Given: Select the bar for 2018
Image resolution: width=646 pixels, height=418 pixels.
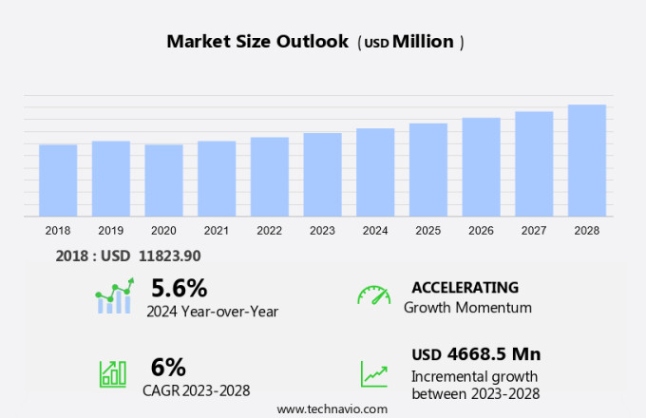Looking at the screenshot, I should pyautogui.click(x=58, y=180).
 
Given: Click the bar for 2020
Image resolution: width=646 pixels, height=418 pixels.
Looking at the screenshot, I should pyautogui.click(x=163, y=180).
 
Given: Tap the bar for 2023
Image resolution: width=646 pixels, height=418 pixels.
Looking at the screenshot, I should pyautogui.click(x=322, y=175).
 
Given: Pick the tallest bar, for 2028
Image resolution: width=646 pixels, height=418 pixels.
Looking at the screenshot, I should pyautogui.click(x=587, y=161).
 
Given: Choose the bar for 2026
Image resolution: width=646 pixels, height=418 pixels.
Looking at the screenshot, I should pyautogui.click(x=481, y=167).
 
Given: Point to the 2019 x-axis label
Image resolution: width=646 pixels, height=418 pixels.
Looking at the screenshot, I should pyautogui.click(x=110, y=231).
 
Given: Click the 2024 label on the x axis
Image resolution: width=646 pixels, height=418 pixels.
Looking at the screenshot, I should pyautogui.click(x=375, y=231).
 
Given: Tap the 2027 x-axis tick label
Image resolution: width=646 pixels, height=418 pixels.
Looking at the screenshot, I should pyautogui.click(x=534, y=231).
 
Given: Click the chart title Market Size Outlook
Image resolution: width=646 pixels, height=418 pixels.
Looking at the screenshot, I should pyautogui.click(x=257, y=42).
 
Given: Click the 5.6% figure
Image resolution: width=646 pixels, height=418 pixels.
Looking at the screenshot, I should pyautogui.click(x=179, y=287).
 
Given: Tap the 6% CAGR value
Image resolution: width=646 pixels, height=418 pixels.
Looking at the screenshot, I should pyautogui.click(x=168, y=367).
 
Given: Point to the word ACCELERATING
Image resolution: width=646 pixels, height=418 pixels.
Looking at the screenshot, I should pyautogui.click(x=465, y=287).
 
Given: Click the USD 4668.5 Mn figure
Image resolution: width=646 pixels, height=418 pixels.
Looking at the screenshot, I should pyautogui.click(x=476, y=354).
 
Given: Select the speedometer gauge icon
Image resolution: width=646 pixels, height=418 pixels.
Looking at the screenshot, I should pyautogui.click(x=373, y=295).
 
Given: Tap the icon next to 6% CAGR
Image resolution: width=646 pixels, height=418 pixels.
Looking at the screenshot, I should pyautogui.click(x=113, y=372).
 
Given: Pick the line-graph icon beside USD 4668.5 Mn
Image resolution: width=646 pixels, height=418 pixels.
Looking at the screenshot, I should pyautogui.click(x=373, y=373).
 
